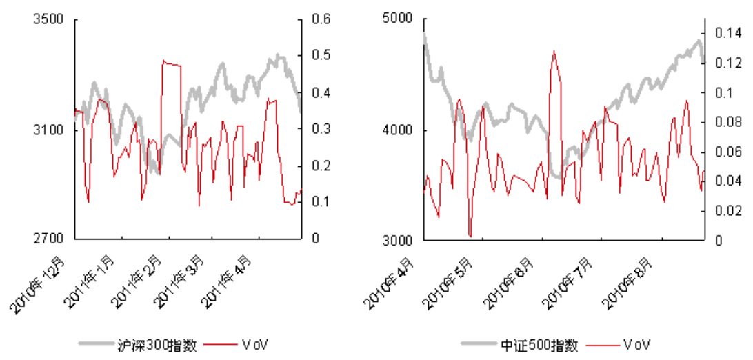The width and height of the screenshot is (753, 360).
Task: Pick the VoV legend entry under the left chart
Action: [254, 343]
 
